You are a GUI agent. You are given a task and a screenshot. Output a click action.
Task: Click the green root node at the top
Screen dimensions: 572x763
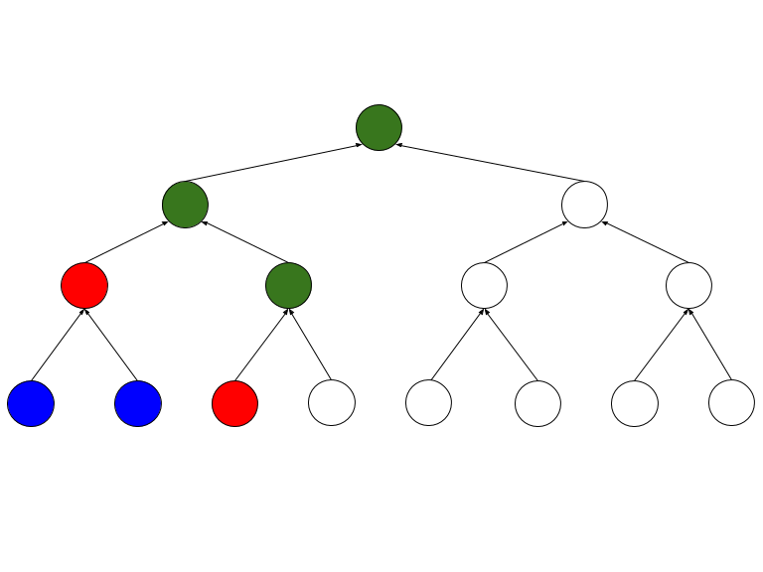pos(379,127)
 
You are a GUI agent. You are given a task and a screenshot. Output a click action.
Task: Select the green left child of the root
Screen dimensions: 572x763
pos(185,206)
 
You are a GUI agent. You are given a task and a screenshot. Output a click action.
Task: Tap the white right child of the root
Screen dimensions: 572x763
pos(584,206)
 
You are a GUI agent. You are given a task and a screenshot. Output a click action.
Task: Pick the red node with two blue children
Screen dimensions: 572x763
pos(84,286)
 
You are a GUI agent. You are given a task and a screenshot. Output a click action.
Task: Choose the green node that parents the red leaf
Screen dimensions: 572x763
pos(288,286)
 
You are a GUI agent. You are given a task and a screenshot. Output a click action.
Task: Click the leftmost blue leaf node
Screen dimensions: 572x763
pos(31,403)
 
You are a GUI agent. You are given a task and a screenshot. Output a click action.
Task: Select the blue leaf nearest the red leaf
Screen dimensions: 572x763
pos(138,403)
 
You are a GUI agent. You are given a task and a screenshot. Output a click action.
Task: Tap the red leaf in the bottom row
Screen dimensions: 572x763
pos(235,403)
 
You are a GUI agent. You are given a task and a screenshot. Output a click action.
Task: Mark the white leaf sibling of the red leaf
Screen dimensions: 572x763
pos(332,403)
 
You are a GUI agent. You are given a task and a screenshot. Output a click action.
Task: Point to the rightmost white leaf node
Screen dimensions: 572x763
pos(731,403)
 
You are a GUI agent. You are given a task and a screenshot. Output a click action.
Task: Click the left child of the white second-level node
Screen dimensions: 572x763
pos(484,286)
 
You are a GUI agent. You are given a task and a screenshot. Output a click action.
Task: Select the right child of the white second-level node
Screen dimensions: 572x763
pos(688,286)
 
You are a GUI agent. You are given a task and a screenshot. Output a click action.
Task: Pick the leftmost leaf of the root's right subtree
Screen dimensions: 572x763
pos(429,403)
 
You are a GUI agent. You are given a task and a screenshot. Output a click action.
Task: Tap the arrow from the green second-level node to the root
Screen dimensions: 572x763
pos(273,164)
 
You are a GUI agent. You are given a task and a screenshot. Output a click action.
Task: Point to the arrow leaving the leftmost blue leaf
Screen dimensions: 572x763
pos(58,345)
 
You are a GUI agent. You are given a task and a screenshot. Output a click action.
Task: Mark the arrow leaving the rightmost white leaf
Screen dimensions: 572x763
pos(710,345)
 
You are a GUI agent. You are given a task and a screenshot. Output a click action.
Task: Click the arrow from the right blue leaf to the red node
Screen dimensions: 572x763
pos(111,345)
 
